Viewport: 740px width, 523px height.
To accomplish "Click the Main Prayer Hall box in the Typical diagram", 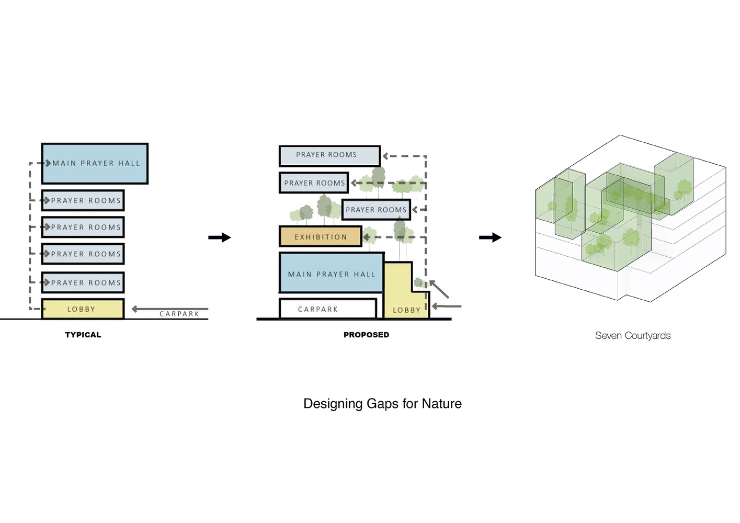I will point(95,164).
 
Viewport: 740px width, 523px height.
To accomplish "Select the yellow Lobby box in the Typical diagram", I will point(82,309).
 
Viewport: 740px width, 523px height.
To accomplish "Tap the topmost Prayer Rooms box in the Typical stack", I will point(83,201).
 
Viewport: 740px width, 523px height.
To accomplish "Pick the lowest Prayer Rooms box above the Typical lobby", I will point(83,282).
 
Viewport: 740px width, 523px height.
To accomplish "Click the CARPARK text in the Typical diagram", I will point(179,314).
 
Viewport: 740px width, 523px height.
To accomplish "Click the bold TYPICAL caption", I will point(83,335).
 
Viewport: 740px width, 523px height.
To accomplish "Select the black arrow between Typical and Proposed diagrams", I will point(219,237).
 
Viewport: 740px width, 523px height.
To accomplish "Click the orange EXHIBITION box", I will point(320,237).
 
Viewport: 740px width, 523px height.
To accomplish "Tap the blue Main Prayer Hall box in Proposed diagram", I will point(331,273).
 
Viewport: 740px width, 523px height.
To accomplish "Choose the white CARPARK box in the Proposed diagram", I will point(327,309).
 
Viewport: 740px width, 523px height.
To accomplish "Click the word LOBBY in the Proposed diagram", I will point(406,310).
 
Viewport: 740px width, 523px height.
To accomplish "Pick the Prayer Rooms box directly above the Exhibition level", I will point(376,210).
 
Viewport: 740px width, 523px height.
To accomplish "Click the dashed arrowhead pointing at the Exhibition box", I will point(367,237).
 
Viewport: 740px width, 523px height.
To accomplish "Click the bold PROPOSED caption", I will point(366,335).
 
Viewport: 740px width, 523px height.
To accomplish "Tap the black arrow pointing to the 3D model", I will point(490,237).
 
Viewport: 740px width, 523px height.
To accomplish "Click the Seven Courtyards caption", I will point(632,336).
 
